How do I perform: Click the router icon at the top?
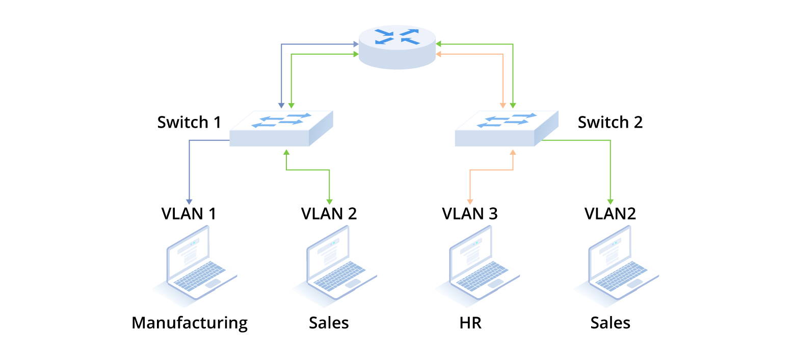pos(397,47)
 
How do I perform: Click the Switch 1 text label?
pos(189,123)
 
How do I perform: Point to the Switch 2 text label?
pos(610,123)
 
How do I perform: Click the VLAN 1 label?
pos(189,213)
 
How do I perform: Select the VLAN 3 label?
pos(469,213)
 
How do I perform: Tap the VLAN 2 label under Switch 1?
pos(329,213)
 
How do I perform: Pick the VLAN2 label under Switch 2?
pos(609,213)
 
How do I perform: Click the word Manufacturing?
pos(190,323)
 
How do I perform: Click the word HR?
pos(470,323)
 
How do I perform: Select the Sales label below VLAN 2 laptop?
pos(329,323)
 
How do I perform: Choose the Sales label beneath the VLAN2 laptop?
pos(610,323)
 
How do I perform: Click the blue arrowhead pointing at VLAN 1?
pos(189,201)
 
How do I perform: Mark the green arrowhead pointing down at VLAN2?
pos(610,201)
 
